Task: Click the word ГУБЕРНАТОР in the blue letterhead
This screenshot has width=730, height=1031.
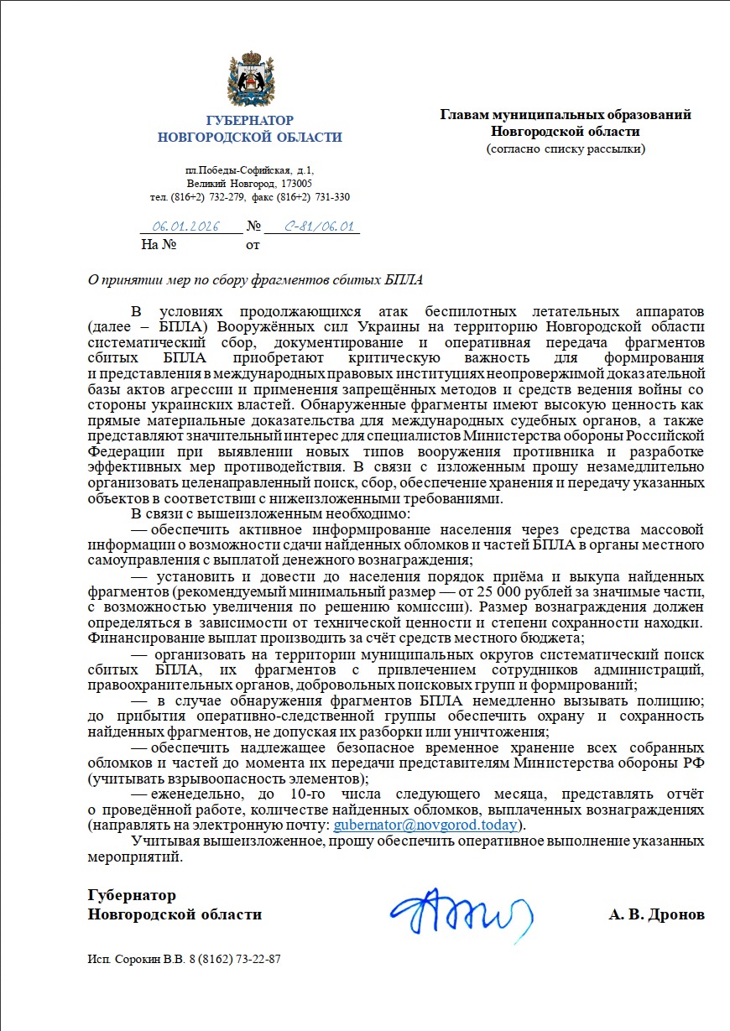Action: pos(249,121)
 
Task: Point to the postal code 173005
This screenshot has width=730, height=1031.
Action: pos(296,183)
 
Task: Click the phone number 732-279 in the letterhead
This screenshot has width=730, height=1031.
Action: pos(222,197)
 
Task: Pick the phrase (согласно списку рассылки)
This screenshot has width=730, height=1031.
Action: pos(566,148)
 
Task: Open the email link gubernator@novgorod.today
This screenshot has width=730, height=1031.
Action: pos(425,825)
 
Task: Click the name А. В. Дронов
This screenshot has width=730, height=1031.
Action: pos(656,914)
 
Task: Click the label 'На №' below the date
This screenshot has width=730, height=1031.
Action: pos(159,246)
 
